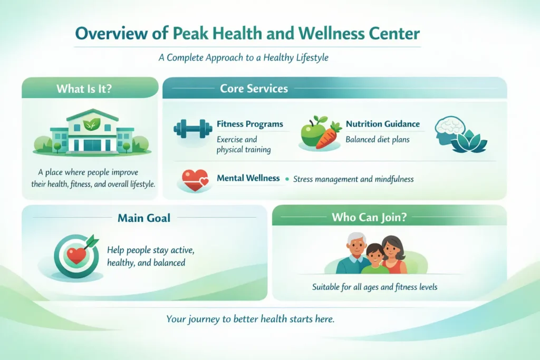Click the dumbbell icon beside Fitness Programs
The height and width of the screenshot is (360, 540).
point(192,130)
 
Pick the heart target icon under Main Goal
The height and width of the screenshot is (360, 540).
point(75,256)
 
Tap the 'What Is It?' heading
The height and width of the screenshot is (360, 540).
point(84,88)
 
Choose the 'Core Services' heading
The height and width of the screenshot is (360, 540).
point(254,88)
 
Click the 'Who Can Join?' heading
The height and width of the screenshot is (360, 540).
point(369,216)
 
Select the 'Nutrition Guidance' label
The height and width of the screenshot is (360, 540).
point(382,124)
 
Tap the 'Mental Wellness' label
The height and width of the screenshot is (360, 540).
point(248,178)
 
